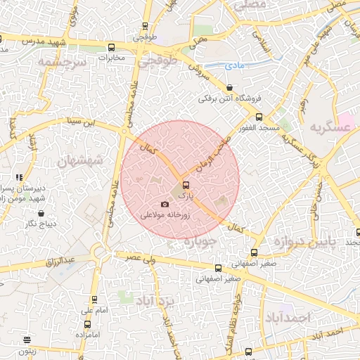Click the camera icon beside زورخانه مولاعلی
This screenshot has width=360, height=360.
(165, 205)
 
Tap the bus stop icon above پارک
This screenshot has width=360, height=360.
(186, 186)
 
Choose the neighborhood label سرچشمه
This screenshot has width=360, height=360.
(61, 62)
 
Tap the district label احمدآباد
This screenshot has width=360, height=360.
(288, 317)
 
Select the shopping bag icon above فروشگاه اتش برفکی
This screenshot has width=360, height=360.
(230, 87)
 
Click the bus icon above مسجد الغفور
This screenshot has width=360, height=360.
(259, 117)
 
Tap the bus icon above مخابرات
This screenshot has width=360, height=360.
(111, 48)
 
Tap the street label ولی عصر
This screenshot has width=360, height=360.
(141, 259)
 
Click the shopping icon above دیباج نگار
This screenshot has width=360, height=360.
(41, 213)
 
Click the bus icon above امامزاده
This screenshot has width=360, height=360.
(87, 324)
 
